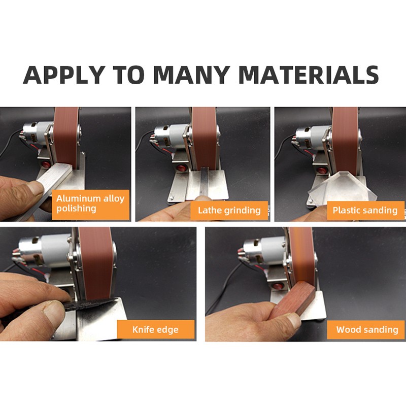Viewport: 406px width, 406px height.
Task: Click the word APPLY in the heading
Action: click(x=64, y=75)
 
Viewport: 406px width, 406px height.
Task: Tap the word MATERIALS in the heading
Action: click(x=309, y=75)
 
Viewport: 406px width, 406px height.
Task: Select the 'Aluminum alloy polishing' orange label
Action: click(x=90, y=205)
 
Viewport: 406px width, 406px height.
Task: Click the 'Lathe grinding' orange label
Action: click(x=229, y=210)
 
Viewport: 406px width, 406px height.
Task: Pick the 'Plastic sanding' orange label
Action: click(x=365, y=210)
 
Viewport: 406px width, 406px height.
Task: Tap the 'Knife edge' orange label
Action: click(x=156, y=329)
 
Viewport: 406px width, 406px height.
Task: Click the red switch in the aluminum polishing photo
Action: click(x=46, y=164)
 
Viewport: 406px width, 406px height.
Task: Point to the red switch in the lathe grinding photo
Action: click(x=182, y=168)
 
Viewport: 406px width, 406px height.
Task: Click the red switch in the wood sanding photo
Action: click(x=278, y=286)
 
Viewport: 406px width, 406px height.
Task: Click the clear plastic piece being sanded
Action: click(x=339, y=187)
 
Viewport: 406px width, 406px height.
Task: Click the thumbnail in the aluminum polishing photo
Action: click(x=35, y=187)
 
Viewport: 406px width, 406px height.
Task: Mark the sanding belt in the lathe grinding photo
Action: click(x=205, y=138)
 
